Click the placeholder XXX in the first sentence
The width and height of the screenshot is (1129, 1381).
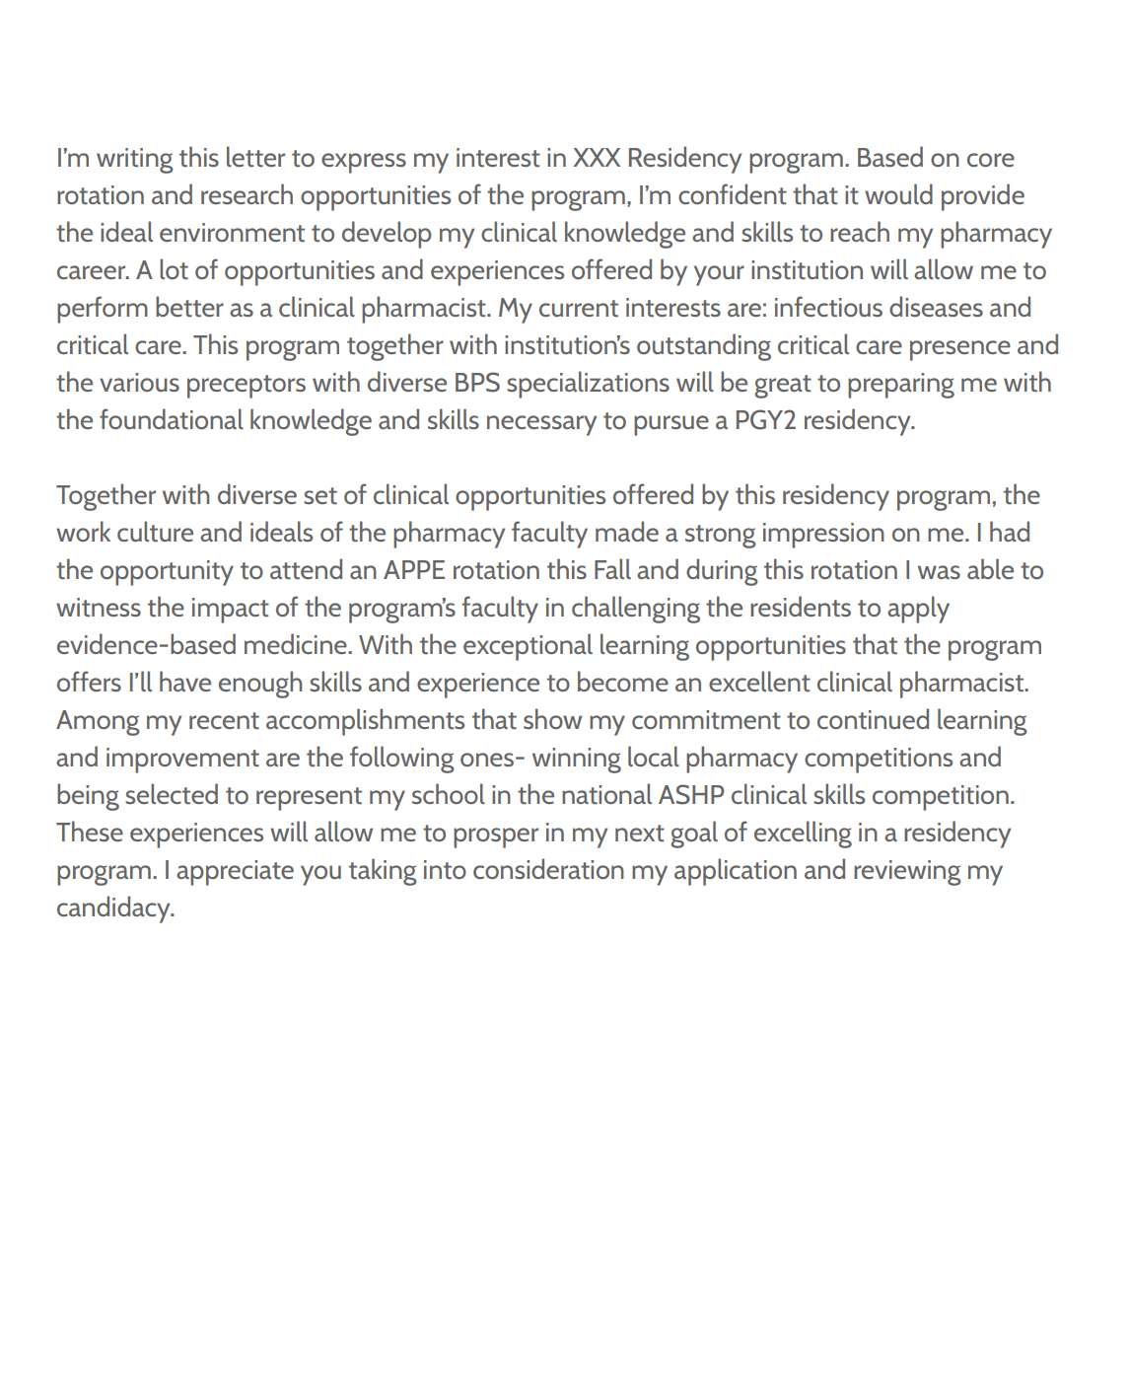click(597, 159)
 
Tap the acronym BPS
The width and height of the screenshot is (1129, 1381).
click(477, 384)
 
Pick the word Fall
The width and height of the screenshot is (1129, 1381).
click(611, 571)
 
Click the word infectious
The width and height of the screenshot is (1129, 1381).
click(827, 309)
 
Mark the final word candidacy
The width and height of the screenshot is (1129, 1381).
click(114, 909)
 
